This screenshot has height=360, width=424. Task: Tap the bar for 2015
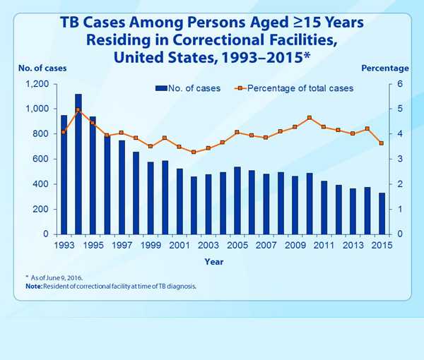(382, 213)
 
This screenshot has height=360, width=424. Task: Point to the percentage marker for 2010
(310, 118)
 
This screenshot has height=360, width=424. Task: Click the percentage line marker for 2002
(194, 152)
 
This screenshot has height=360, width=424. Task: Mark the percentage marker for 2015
(382, 143)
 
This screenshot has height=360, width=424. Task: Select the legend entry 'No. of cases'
(187, 88)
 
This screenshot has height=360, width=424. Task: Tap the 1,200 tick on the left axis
(37, 84)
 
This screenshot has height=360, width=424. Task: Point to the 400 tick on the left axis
(40, 184)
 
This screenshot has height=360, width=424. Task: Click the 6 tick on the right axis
(399, 84)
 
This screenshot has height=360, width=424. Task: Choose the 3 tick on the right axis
(399, 160)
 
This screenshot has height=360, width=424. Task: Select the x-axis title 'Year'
(215, 260)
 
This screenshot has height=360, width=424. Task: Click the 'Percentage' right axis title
(385, 68)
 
